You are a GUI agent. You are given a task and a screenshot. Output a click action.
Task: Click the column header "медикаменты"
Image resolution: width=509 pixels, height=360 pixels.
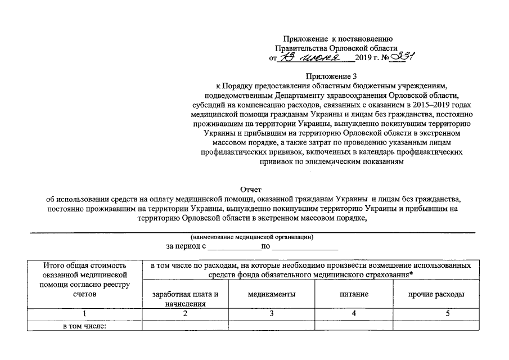[x=271, y=294]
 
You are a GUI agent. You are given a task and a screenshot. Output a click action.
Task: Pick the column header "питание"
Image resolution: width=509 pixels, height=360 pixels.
[x=354, y=294]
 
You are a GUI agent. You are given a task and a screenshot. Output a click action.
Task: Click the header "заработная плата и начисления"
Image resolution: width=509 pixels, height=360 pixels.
[x=185, y=299]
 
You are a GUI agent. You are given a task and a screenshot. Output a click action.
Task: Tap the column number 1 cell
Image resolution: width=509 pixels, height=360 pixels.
[x=85, y=314]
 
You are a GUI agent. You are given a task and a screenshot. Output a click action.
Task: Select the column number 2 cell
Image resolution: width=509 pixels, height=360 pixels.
[x=185, y=314]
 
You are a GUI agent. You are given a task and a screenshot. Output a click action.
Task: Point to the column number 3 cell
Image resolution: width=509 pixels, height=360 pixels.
[x=271, y=314]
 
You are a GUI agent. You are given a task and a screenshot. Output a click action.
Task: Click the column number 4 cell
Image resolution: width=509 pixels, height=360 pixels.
[x=354, y=314]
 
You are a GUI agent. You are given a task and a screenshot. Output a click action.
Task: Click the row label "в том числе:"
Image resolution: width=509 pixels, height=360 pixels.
[x=84, y=325]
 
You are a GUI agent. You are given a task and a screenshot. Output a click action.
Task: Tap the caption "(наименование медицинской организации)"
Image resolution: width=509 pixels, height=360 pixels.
[x=251, y=237]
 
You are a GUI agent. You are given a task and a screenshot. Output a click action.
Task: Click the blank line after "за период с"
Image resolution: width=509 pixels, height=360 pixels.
[x=232, y=247]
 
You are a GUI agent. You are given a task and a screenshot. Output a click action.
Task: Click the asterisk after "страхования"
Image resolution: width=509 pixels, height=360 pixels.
[x=412, y=274]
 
